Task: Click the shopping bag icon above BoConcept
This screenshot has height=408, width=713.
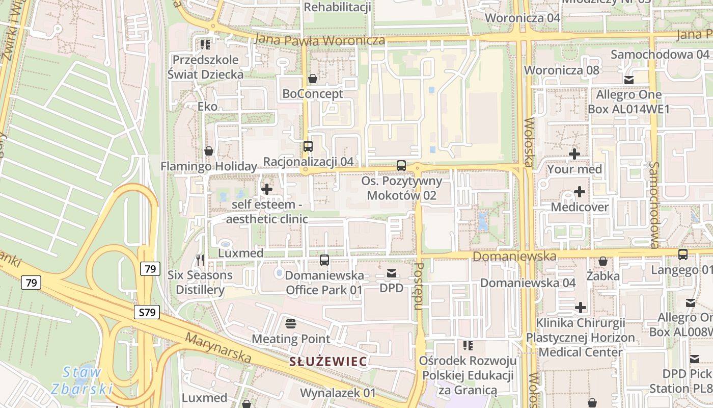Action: pos(313,79)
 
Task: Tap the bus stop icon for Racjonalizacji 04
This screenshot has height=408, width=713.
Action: pos(308,146)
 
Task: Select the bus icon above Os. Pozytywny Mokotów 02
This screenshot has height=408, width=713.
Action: pos(401,166)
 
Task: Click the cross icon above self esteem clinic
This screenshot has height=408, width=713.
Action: pos(266,190)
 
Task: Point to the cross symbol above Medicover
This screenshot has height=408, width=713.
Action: pos(580,192)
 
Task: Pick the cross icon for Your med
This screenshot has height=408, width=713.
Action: pos(574,154)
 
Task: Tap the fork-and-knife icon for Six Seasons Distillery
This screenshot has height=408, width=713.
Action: pos(200,260)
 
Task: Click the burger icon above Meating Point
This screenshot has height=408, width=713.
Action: pos(291,324)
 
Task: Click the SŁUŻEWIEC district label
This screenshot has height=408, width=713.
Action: pos(328,362)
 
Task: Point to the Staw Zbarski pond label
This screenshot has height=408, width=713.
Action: pos(81,380)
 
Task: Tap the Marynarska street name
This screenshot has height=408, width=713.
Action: pos(218,348)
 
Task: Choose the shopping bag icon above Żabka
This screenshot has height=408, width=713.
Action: pos(603,261)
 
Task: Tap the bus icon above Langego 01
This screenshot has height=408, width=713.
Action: pos(683,254)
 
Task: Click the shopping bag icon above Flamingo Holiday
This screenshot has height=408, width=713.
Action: pos(209,151)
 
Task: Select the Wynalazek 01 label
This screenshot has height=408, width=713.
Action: pos(338,393)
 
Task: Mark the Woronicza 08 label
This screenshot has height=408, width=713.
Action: pos(561,70)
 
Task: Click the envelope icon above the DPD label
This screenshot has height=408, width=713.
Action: pos(392,274)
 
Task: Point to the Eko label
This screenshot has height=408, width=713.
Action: pos(207,107)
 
